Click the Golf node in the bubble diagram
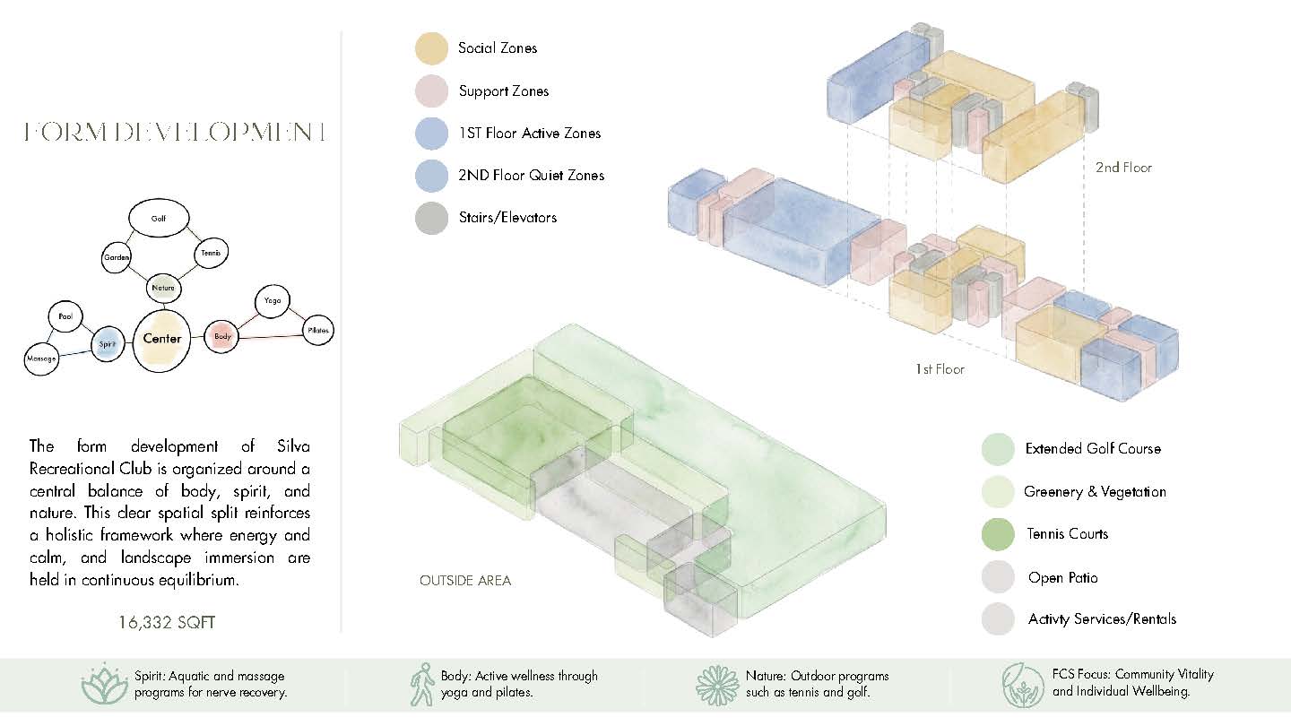click(x=159, y=219)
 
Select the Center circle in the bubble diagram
click(x=161, y=340)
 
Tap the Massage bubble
click(x=41, y=359)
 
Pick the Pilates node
click(x=317, y=330)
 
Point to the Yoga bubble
click(x=272, y=301)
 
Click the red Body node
click(x=221, y=336)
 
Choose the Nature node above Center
click(x=164, y=288)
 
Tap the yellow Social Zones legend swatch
click(x=432, y=48)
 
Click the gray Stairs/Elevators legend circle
click(x=432, y=218)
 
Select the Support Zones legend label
click(x=504, y=91)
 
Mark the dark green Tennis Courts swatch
click(x=998, y=534)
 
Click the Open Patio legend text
click(x=1062, y=577)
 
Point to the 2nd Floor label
click(x=1123, y=168)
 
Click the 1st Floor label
click(x=940, y=369)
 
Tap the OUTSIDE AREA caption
click(x=465, y=580)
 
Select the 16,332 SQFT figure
click(x=167, y=622)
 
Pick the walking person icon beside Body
click(x=422, y=684)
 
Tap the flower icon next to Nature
click(x=717, y=685)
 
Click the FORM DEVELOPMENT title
click(x=175, y=132)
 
